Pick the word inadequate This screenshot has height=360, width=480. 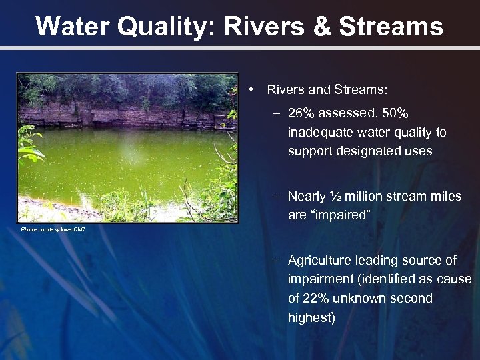[x=319, y=133]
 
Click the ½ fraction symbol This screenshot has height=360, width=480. [x=336, y=197]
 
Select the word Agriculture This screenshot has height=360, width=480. [x=319, y=260]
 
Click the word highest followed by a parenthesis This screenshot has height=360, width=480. [x=311, y=317]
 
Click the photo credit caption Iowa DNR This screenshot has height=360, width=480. [x=53, y=229]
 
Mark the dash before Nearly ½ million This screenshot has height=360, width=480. [x=275, y=197]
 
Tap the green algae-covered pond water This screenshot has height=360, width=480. [x=120, y=160]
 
